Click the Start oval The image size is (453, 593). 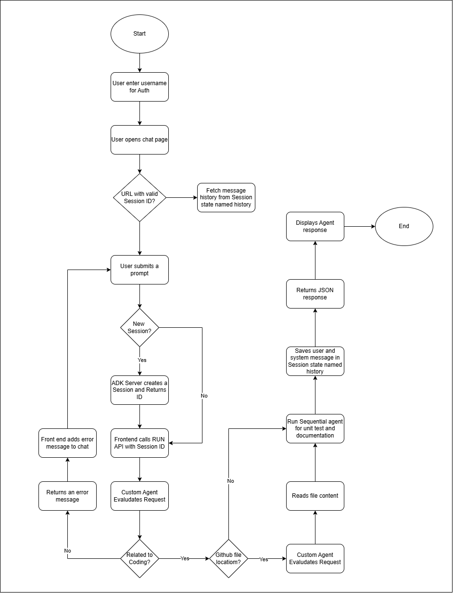(x=139, y=34)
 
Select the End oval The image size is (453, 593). (x=404, y=226)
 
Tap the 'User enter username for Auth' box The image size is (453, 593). (x=139, y=87)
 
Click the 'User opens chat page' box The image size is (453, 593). (x=139, y=140)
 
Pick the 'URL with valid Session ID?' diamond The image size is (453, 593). (x=139, y=197)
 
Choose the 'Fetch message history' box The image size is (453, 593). (x=226, y=197)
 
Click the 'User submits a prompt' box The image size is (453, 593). (x=139, y=270)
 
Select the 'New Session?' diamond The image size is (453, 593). (x=139, y=327)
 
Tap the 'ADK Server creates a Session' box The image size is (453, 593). (x=139, y=390)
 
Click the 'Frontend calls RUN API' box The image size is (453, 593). (x=139, y=443)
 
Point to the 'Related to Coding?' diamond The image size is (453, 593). (x=139, y=558)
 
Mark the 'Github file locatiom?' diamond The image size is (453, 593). (x=228, y=558)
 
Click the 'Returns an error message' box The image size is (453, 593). (x=67, y=496)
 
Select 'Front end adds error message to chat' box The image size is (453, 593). (x=67, y=443)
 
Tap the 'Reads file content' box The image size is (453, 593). (x=315, y=496)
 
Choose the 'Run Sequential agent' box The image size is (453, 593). (x=315, y=428)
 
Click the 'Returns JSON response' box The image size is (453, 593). (x=315, y=294)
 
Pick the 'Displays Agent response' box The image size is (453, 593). (x=315, y=226)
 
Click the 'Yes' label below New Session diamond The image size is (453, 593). (x=142, y=360)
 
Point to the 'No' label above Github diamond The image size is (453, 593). (x=231, y=481)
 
